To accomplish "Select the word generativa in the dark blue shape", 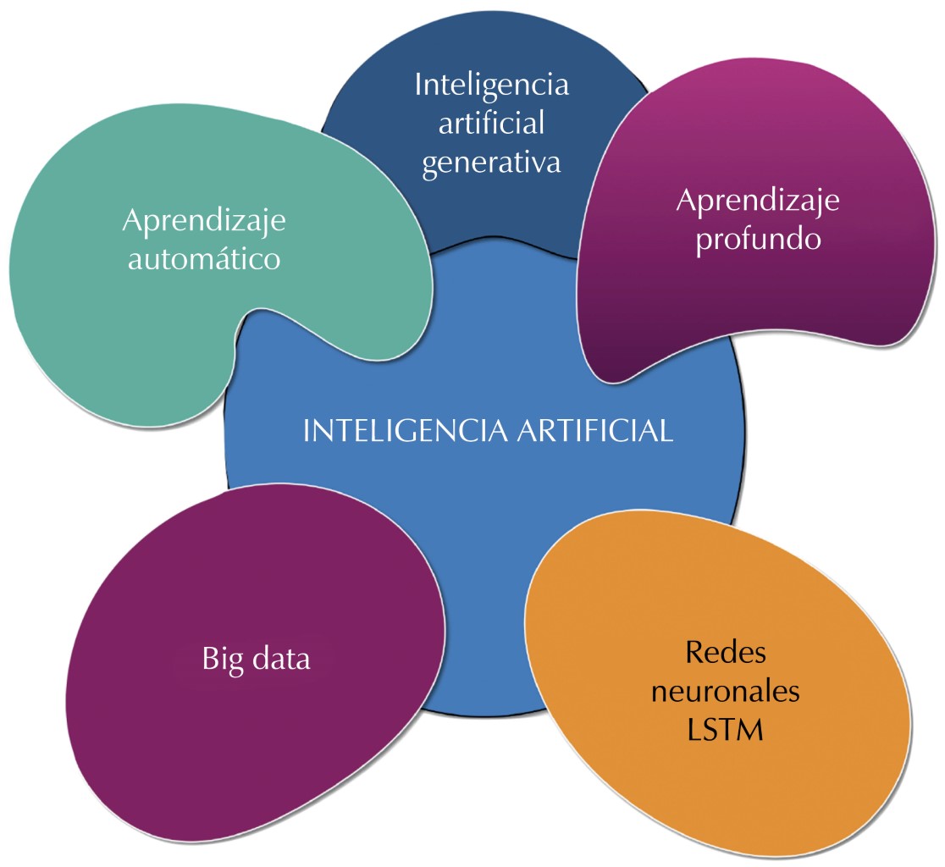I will (491, 161).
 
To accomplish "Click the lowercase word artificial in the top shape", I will (491, 123).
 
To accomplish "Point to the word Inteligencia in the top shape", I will (491, 85).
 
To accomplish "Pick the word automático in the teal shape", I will (203, 258).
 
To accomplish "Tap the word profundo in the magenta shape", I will (758, 239).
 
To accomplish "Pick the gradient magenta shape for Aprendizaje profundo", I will (762, 313).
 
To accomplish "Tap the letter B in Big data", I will (210, 659).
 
